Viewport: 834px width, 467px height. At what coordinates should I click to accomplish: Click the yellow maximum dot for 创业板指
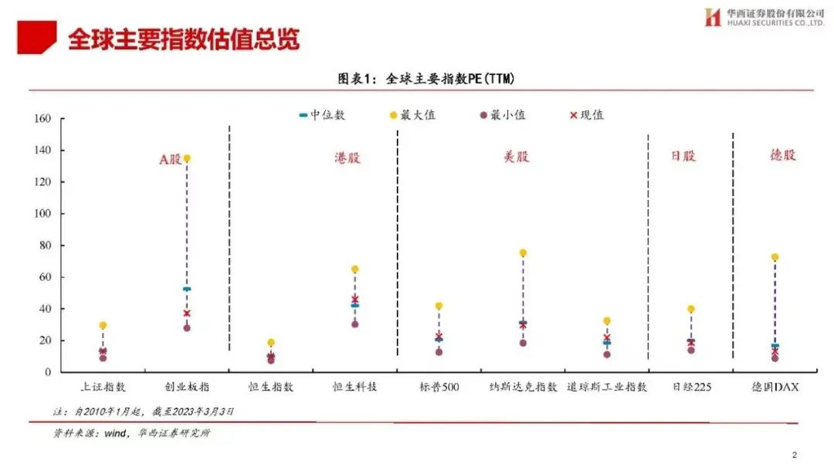[187, 158]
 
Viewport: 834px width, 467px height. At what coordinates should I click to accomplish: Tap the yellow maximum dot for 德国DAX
[775, 257]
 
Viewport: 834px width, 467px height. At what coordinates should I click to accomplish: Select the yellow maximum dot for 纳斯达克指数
[523, 253]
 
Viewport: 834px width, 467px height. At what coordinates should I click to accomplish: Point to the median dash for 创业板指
[187, 289]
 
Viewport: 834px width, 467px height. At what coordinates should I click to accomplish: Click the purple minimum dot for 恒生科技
[354, 324]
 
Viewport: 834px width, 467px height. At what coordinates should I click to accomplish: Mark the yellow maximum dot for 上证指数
[103, 326]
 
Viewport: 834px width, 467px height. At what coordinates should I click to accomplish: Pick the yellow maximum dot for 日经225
[691, 310]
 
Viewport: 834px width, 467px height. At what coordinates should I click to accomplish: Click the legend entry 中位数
[323, 115]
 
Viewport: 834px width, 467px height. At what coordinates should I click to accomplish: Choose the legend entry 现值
[587, 115]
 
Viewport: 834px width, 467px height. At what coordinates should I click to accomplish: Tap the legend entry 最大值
[414, 115]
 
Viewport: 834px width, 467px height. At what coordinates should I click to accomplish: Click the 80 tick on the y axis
[45, 245]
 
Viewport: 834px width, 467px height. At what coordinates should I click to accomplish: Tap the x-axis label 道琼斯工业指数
[607, 387]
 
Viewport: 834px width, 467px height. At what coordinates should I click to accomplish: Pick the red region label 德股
[782, 154]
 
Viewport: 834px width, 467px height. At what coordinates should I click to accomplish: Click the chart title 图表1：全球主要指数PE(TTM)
[425, 79]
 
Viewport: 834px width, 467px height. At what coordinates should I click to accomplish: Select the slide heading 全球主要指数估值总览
[183, 39]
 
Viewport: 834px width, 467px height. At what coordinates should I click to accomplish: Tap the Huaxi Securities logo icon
[713, 17]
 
